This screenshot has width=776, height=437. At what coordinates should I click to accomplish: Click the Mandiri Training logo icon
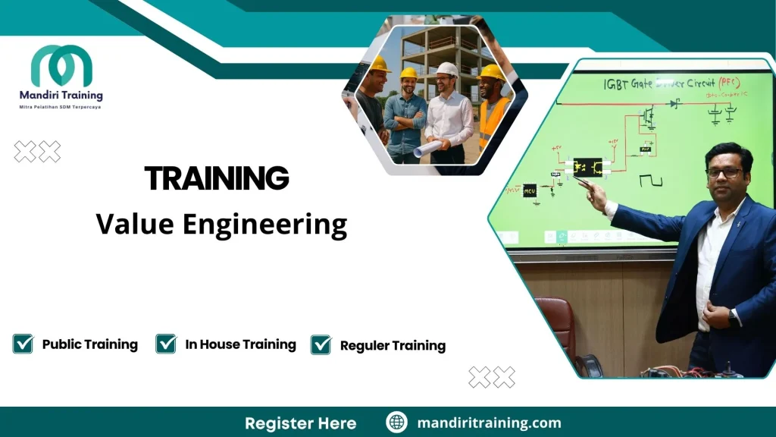tap(61, 66)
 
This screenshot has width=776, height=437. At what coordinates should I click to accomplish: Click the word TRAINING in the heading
tap(217, 179)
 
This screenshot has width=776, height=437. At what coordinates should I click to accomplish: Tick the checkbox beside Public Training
tap(23, 344)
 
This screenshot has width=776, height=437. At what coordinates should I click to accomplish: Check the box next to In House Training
tap(166, 344)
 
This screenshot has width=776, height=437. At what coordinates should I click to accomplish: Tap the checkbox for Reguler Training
tap(321, 345)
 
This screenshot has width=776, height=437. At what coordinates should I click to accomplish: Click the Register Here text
tap(300, 423)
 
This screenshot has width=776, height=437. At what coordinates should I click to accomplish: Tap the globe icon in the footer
tap(396, 423)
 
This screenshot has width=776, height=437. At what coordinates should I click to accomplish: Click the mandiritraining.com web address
tap(489, 423)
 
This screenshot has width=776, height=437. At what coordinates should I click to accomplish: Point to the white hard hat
tap(447, 68)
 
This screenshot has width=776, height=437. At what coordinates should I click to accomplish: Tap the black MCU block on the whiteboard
tap(529, 190)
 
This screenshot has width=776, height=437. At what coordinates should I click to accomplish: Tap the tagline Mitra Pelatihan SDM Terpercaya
tap(61, 107)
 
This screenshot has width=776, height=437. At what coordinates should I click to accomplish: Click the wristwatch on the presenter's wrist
tap(733, 317)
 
